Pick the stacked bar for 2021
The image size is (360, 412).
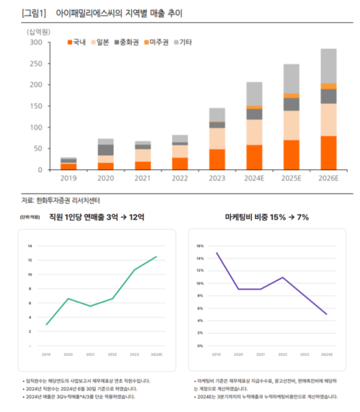(x=143, y=156)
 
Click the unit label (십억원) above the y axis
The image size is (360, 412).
(x=40, y=31)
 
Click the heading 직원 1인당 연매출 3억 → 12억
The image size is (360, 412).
(x=95, y=216)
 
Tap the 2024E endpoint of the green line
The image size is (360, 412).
(x=156, y=256)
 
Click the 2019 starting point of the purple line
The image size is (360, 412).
(x=217, y=253)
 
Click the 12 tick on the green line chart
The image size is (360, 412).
(x=30, y=260)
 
